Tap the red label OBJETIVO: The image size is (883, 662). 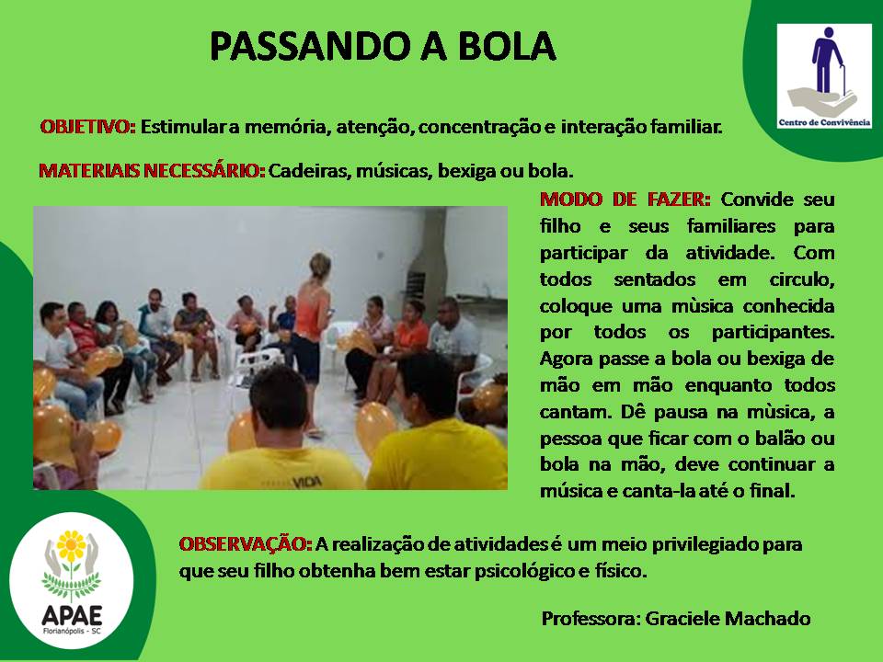[88, 127]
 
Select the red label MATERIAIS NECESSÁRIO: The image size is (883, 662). [152, 170]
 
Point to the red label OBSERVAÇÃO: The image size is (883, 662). [246, 543]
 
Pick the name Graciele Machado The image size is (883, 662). [728, 618]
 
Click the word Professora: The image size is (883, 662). [591, 618]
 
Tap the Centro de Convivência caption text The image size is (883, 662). [824, 122]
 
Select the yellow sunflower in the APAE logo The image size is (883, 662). [71, 545]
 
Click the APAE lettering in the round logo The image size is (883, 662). [72, 615]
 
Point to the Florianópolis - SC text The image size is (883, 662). [72, 631]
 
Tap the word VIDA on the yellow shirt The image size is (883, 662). [306, 482]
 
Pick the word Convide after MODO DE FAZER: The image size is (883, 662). [757, 200]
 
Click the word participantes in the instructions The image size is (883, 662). [773, 333]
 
